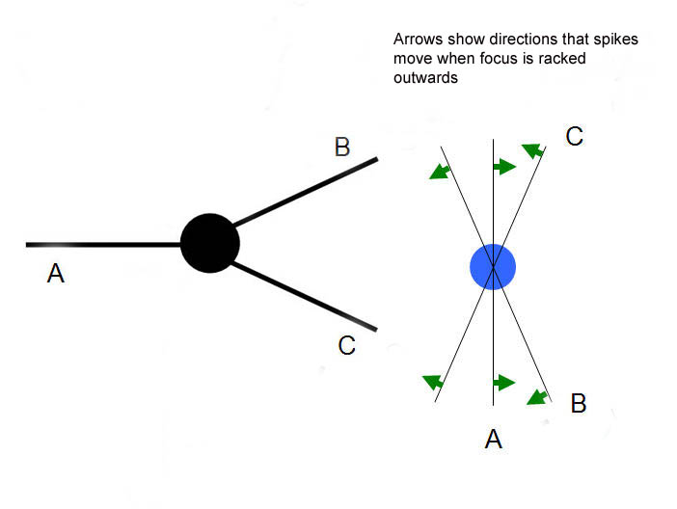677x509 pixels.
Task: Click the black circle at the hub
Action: (210, 243)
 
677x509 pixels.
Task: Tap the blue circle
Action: (493, 265)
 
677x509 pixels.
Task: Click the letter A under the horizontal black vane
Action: (56, 275)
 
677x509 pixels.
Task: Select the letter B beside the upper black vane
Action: (342, 147)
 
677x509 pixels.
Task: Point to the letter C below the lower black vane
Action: (348, 345)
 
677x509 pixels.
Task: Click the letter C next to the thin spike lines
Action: (575, 137)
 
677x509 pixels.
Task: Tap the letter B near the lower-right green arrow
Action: (579, 404)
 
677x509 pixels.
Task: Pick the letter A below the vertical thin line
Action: (494, 441)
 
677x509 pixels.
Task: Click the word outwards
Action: (425, 78)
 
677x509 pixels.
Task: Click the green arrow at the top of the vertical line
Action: (504, 168)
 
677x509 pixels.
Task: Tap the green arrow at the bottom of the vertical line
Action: (504, 383)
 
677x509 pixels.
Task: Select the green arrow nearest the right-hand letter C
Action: (531, 149)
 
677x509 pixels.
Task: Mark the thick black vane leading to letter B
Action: (305, 191)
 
